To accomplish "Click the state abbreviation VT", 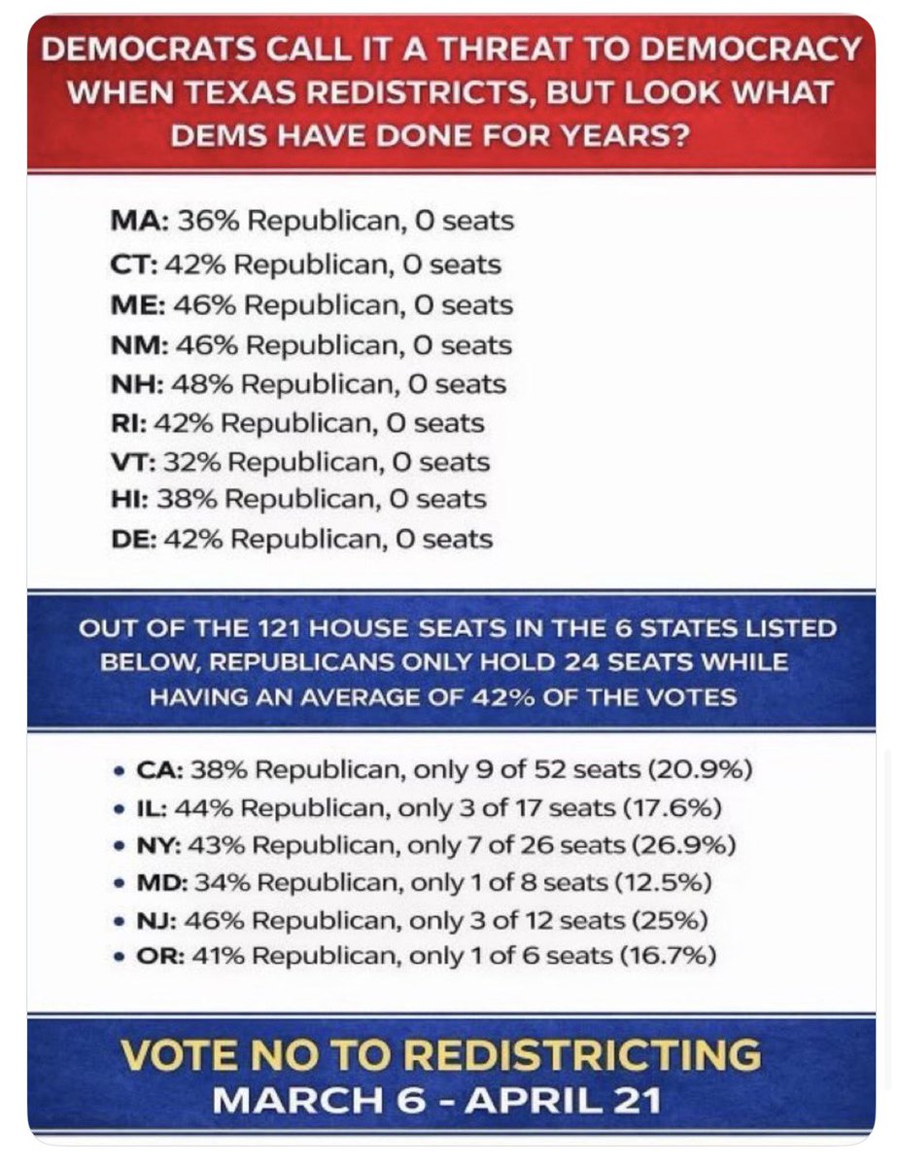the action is tap(130, 462).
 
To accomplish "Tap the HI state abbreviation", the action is tap(126, 499).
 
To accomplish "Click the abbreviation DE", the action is tap(130, 539).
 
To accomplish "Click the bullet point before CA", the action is tap(118, 772).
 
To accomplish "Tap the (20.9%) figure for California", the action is tap(700, 770).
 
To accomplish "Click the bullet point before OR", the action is tap(118, 958).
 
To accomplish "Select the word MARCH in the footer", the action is tap(297, 1100).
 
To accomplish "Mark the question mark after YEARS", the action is tap(679, 136).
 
